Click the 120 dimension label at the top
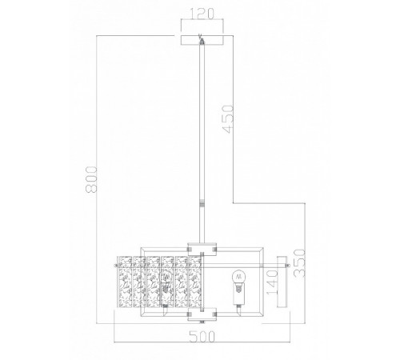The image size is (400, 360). click(199, 14)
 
